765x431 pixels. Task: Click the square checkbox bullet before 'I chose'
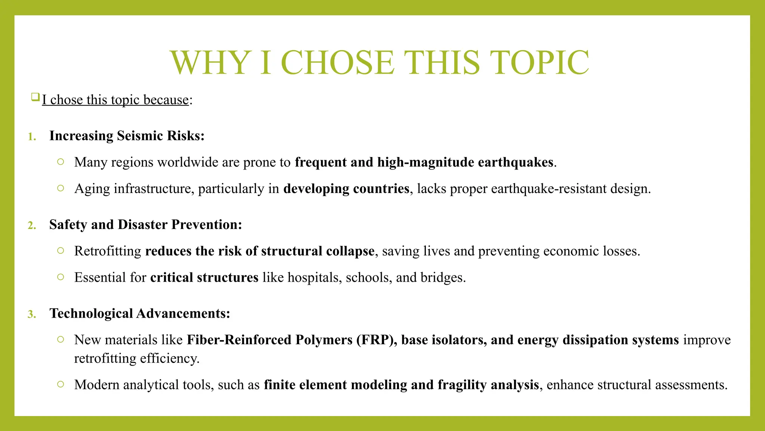click(35, 97)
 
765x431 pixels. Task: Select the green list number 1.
click(32, 137)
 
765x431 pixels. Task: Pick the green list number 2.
click(32, 226)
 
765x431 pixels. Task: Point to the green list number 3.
click(32, 314)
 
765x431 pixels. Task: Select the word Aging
click(92, 189)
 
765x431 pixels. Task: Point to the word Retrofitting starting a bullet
click(108, 251)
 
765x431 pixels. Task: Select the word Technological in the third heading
click(91, 314)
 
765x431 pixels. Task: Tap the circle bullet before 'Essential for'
click(61, 277)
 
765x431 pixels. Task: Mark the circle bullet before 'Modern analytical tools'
click(61, 384)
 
